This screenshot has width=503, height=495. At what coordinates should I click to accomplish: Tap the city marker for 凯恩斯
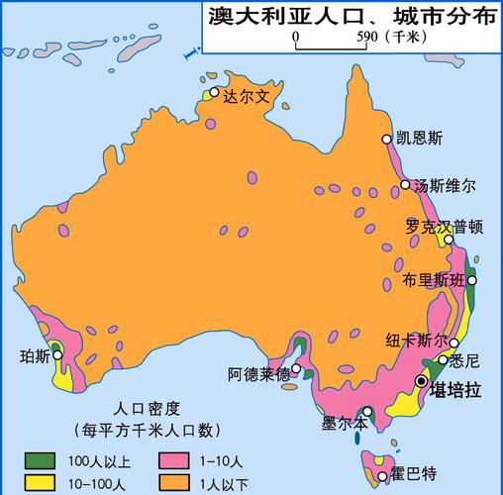coord(387,140)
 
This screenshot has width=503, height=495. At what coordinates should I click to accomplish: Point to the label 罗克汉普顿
coord(444,226)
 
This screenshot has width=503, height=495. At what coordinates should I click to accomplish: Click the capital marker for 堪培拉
coord(423,380)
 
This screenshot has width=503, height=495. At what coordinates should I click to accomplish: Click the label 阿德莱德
coord(258,374)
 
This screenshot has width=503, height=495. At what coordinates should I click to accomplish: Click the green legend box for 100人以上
coord(41,460)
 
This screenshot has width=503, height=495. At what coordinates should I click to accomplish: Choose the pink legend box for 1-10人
coord(171,460)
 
